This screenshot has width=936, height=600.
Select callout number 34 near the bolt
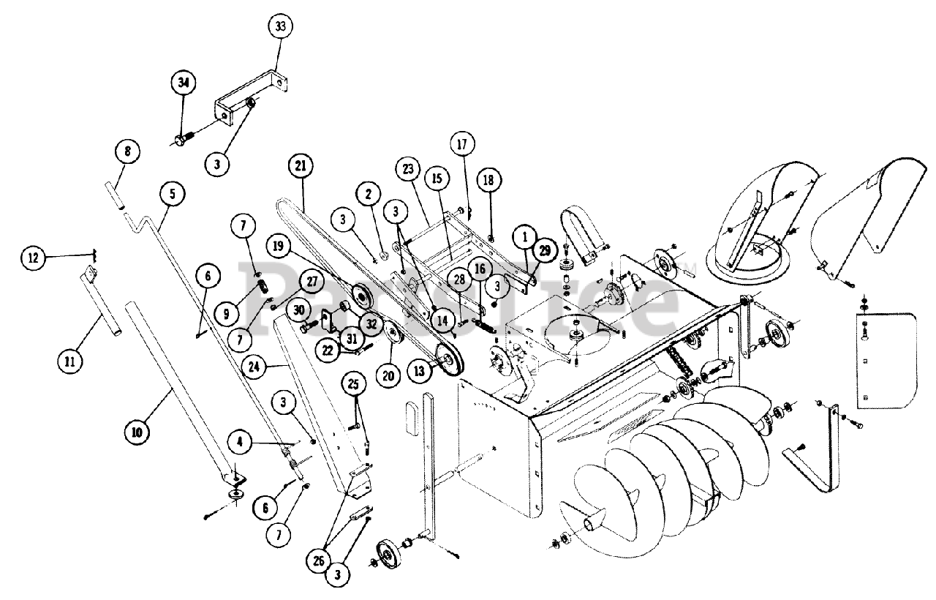184,83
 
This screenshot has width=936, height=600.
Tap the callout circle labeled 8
127,153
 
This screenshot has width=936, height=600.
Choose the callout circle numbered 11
71,360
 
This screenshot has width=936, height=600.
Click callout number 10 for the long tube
137,431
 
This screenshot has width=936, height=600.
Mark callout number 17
462,141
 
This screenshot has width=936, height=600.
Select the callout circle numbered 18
489,179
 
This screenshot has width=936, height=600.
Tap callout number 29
543,250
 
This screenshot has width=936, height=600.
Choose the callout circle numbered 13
419,372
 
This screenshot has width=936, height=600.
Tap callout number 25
355,383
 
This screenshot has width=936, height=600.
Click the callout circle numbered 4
241,441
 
